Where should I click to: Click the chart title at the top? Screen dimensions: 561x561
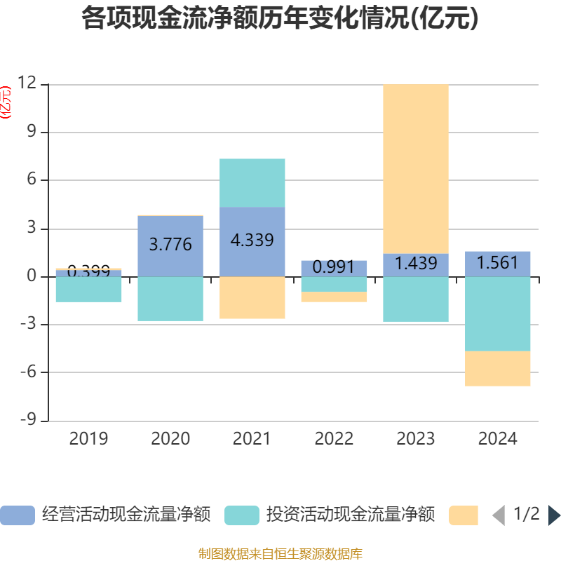(x=280, y=19)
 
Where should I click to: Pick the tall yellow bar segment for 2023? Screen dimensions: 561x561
(x=416, y=168)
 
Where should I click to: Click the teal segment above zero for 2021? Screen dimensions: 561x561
(x=252, y=182)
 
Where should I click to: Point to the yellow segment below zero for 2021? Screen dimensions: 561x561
(x=252, y=298)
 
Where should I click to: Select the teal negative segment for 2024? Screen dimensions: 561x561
(x=498, y=314)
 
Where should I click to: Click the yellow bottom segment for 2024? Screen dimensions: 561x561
(x=498, y=369)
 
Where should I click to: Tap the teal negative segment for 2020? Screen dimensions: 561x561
(x=170, y=299)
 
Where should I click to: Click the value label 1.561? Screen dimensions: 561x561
(x=498, y=264)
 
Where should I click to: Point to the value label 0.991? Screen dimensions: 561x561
(x=334, y=267)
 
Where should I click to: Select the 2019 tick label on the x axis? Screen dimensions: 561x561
(x=88, y=439)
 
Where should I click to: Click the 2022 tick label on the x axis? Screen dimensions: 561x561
(x=334, y=439)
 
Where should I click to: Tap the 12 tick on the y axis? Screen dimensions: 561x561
(x=27, y=83)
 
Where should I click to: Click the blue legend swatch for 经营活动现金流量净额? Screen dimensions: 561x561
(x=17, y=515)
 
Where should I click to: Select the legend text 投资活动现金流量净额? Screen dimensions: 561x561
(x=350, y=515)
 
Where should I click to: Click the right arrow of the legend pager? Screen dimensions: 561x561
(x=554, y=515)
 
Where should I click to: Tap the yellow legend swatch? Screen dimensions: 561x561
(x=463, y=515)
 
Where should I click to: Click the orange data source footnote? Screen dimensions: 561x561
(x=280, y=554)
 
